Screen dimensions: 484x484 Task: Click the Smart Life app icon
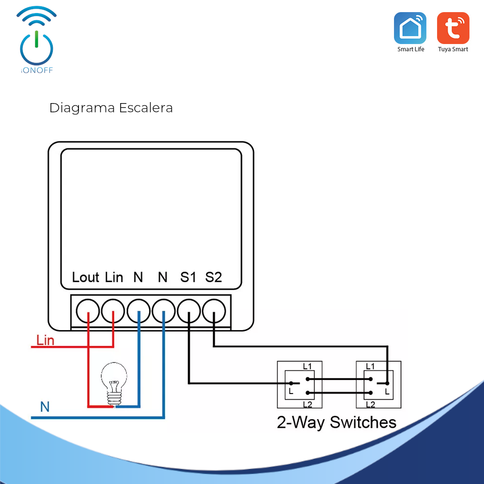click(410, 28)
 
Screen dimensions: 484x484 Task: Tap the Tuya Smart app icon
click(453, 28)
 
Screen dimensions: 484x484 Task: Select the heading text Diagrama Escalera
click(111, 107)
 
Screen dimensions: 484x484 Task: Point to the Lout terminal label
click(85, 277)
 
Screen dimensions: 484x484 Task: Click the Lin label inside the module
click(114, 277)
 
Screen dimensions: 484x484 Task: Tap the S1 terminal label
click(188, 277)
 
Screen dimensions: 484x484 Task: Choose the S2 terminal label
click(213, 277)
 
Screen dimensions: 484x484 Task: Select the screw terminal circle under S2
click(214, 310)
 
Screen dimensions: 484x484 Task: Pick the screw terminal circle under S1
click(189, 310)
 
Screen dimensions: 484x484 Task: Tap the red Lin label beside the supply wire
click(45, 340)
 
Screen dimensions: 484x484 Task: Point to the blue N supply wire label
click(45, 407)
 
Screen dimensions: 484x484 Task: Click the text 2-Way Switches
click(336, 422)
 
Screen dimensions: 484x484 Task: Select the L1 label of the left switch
click(307, 366)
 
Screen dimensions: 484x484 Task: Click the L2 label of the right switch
click(370, 404)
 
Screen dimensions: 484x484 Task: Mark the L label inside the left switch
click(291, 390)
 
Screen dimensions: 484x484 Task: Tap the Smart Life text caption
click(410, 49)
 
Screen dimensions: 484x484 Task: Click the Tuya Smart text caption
click(453, 49)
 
